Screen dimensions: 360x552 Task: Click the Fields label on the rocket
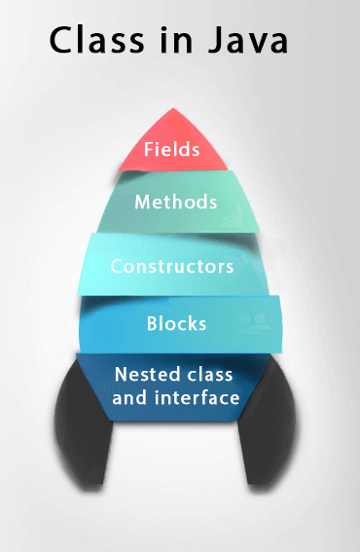[172, 150]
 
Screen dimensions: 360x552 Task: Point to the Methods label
[175, 202]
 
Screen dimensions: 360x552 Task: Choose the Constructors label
[172, 266]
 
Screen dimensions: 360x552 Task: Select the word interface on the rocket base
[195, 397]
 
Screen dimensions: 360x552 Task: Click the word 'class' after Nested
[211, 375]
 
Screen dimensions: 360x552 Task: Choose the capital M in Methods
[142, 202]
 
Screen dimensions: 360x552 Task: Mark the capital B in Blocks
[152, 322]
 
